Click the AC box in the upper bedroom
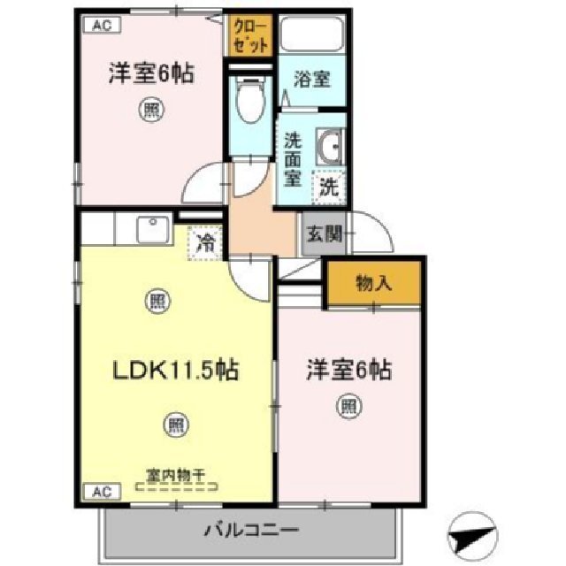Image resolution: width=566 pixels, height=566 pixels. (x=101, y=26)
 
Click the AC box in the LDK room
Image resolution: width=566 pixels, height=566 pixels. (x=101, y=490)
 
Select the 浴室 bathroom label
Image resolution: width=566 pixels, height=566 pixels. (x=312, y=79)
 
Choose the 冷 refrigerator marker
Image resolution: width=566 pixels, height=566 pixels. (x=204, y=241)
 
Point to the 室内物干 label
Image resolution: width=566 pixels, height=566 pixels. (x=175, y=476)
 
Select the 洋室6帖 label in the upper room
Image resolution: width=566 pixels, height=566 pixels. (x=149, y=73)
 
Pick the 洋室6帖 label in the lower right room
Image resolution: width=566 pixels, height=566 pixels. (x=349, y=369)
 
